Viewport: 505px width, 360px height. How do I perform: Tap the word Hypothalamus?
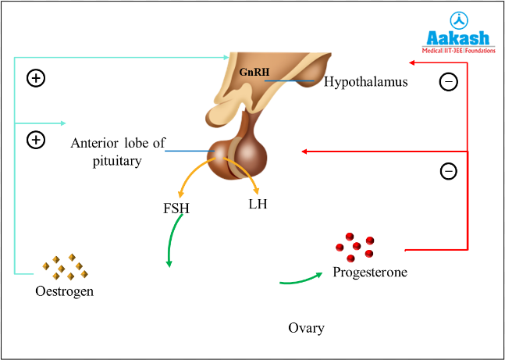tap(365, 81)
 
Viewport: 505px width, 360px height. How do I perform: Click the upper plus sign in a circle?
tap(35, 78)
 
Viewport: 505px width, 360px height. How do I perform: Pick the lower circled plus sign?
tap(35, 141)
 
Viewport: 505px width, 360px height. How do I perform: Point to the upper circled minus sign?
tap(449, 81)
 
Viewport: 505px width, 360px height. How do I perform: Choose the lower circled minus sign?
tap(449, 171)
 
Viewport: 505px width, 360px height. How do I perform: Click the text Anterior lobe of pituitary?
tap(116, 151)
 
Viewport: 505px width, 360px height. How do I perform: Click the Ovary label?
tap(306, 327)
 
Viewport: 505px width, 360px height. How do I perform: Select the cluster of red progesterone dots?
tap(355, 246)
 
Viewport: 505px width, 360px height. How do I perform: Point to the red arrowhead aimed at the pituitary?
tap(306, 151)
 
